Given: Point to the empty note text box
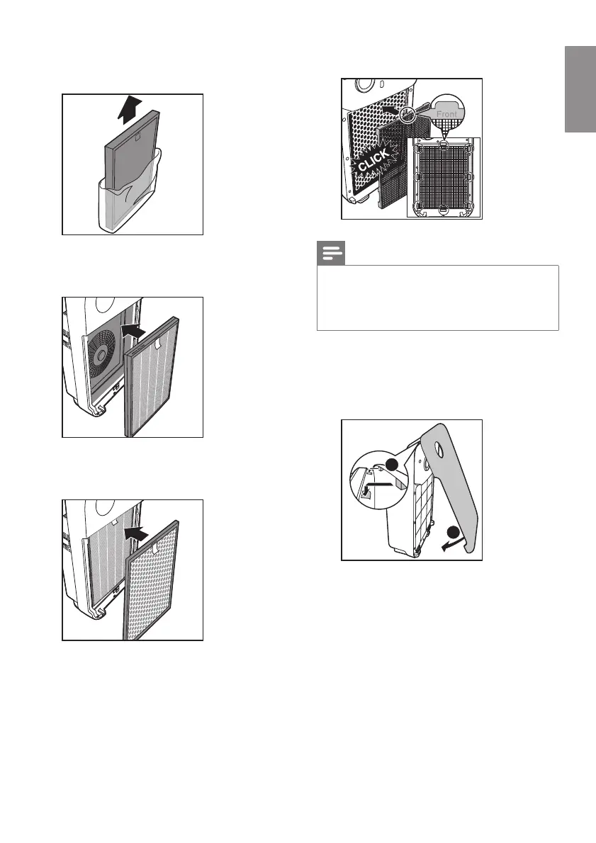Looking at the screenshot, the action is click(437, 298).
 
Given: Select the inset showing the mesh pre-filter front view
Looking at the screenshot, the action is click(444, 177).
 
